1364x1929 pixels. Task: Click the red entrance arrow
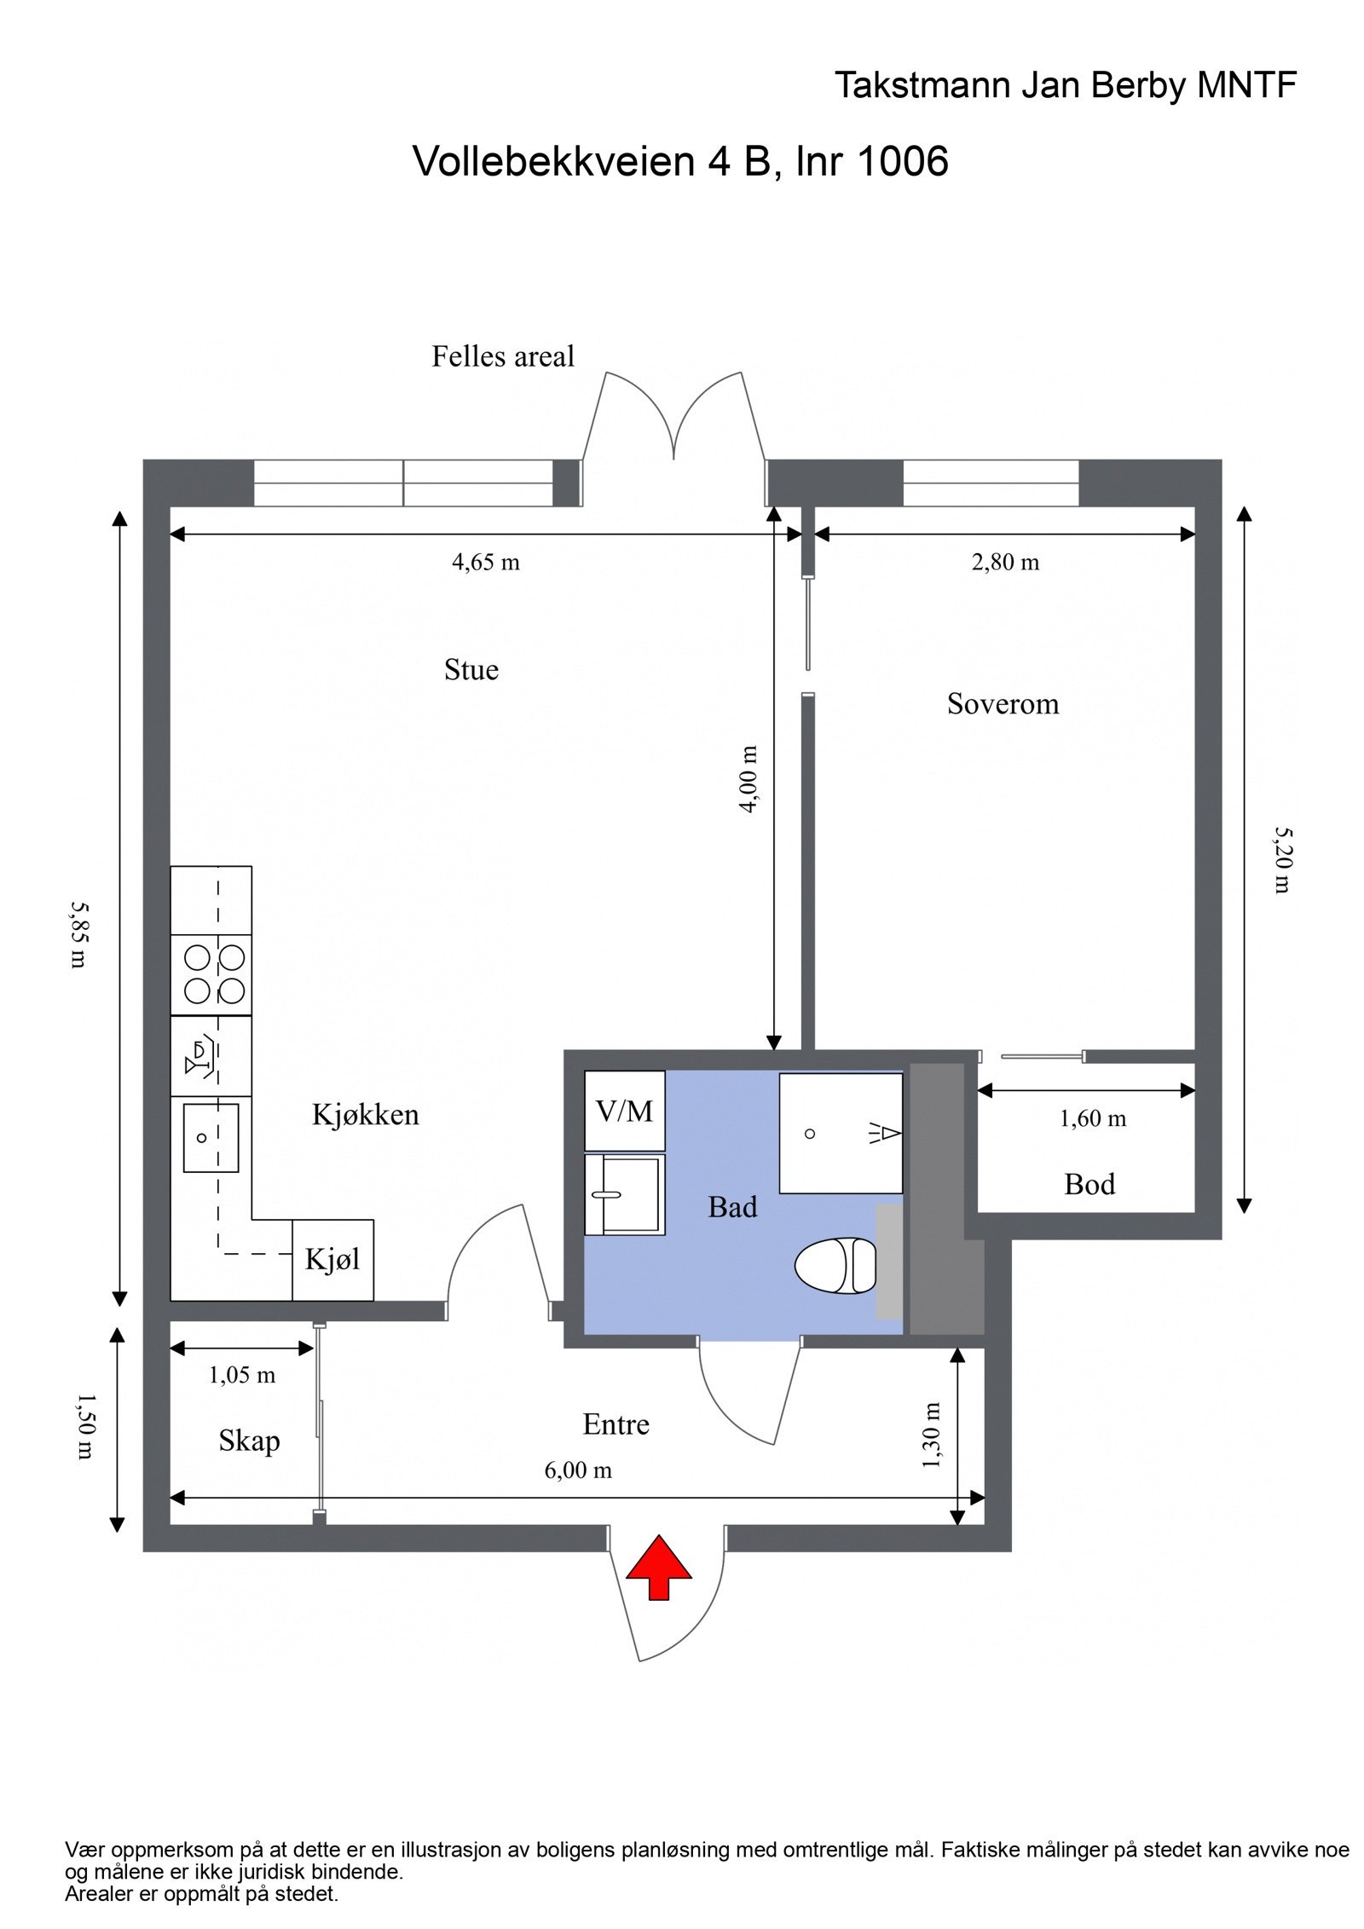point(658,1567)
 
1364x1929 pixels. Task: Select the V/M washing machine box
point(624,1111)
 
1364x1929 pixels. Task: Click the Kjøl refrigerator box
point(332,1259)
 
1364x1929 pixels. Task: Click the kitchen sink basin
point(211,1137)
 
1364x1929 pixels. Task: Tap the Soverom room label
point(1003,704)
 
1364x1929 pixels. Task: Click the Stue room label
point(471,670)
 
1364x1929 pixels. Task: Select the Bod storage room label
point(1089,1184)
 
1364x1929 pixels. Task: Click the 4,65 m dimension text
point(485,562)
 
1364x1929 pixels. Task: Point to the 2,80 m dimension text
point(1005,562)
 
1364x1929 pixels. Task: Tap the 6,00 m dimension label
point(578,1470)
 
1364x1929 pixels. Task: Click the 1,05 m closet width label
point(242,1374)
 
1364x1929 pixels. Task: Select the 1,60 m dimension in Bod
point(1093,1118)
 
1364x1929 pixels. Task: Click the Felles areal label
point(503,356)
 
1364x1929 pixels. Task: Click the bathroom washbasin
point(623,1193)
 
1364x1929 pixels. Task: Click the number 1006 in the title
point(902,160)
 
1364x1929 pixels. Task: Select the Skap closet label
point(249,1441)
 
